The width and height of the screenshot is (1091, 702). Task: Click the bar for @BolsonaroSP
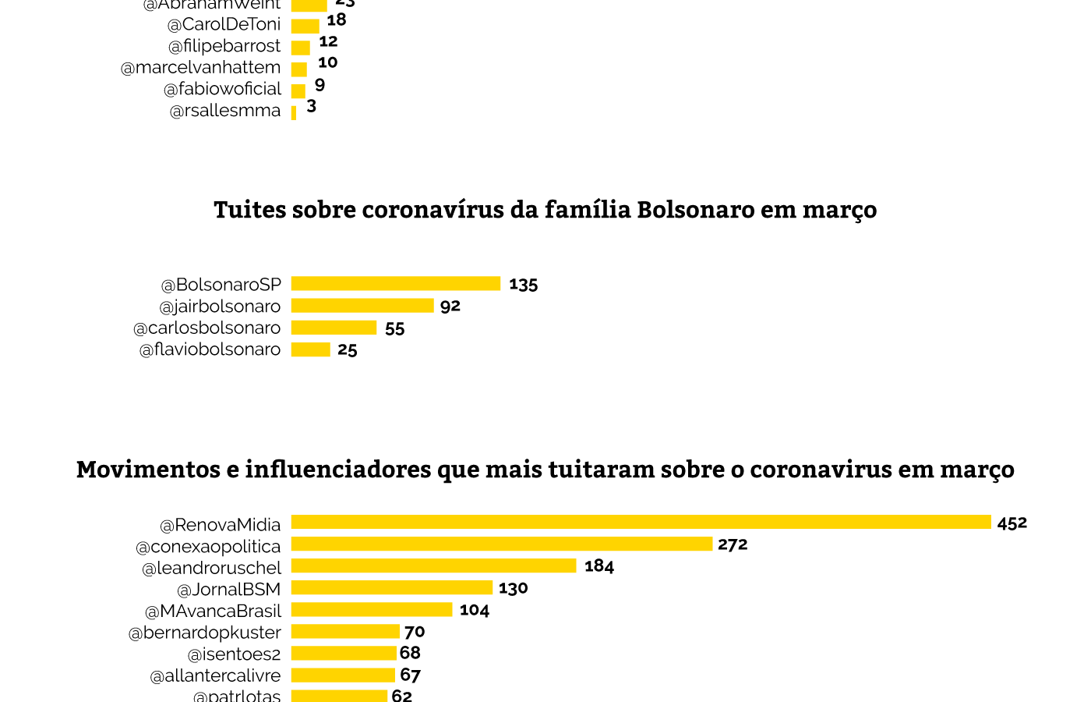(396, 283)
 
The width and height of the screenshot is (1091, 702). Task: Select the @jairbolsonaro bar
(362, 305)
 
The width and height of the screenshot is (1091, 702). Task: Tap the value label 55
(395, 328)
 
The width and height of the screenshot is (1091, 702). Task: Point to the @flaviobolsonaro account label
(210, 349)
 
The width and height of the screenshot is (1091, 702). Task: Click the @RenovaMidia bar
(641, 522)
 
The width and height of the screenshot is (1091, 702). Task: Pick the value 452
(1012, 523)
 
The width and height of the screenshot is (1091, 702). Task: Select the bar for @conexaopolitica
(502, 544)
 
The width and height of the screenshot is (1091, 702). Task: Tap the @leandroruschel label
(211, 568)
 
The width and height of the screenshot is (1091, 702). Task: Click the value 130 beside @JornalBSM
(514, 588)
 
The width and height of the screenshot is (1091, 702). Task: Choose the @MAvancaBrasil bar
(372, 609)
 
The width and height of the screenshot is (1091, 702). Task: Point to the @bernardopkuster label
(204, 633)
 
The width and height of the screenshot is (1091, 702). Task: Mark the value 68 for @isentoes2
(410, 653)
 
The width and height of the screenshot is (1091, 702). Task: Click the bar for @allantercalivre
(343, 675)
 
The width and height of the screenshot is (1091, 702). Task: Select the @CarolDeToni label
(224, 24)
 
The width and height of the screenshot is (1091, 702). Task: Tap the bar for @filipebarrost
(300, 48)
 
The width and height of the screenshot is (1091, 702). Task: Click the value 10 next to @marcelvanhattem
(327, 62)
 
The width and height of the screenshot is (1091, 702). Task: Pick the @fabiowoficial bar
(298, 90)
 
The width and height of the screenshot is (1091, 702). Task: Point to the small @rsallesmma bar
(294, 112)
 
